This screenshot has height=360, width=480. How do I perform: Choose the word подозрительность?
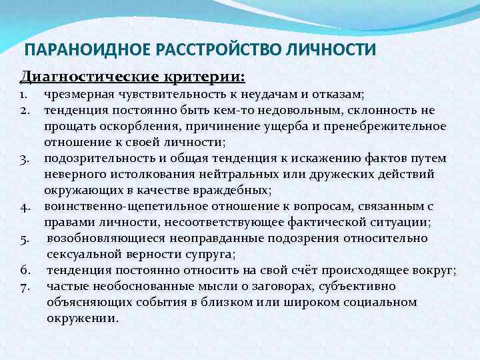coord(97,158)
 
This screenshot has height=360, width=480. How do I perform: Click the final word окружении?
coord(82,318)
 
